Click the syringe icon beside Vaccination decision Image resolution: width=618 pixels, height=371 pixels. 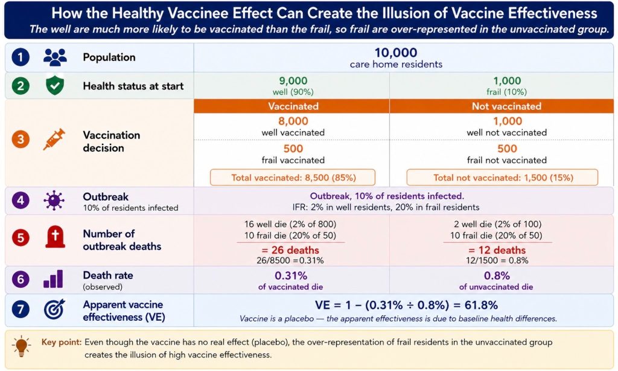click(x=54, y=140)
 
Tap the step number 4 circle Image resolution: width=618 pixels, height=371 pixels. click(x=21, y=201)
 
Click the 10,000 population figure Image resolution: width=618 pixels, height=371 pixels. click(x=396, y=53)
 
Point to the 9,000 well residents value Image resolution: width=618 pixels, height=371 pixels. click(x=293, y=80)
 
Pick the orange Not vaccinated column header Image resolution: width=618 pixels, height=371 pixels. click(x=506, y=106)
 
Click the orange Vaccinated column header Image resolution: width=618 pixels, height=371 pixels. click(x=293, y=106)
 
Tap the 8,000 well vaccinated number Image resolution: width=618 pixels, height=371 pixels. click(x=293, y=121)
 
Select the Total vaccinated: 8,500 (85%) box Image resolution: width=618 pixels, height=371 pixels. click(x=293, y=178)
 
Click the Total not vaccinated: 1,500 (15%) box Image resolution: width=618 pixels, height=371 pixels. click(x=503, y=178)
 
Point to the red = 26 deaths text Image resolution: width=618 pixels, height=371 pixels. click(x=290, y=250)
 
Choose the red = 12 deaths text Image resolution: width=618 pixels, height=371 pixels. click(x=497, y=250)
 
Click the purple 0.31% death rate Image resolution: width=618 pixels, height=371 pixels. click(x=291, y=276)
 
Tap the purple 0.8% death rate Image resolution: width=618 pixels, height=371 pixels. click(x=497, y=276)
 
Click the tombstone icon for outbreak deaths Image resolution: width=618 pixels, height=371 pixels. click(x=55, y=237)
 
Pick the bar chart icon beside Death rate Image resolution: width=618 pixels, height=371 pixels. click(x=53, y=279)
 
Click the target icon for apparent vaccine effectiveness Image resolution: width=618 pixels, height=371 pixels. click(x=54, y=309)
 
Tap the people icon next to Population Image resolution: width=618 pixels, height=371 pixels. click(x=55, y=57)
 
